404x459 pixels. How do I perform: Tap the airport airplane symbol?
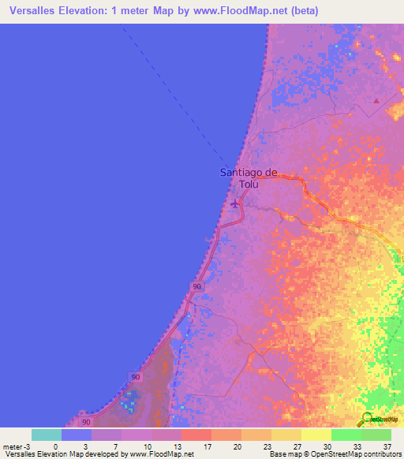(x=234, y=205)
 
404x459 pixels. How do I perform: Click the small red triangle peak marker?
(x=376, y=101)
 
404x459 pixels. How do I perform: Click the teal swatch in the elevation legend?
(x=47, y=434)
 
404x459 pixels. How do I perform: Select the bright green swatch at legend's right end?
(x=376, y=434)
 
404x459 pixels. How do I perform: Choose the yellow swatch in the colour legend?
(x=316, y=434)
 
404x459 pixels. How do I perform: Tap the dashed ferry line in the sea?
(x=181, y=95)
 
